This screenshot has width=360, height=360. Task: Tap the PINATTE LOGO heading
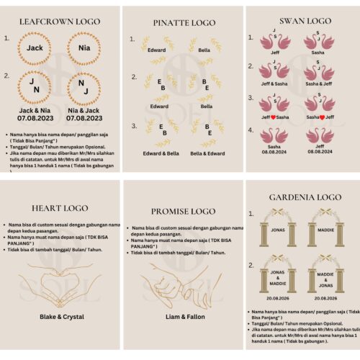(x=179, y=22)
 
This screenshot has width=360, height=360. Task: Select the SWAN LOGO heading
(x=301, y=21)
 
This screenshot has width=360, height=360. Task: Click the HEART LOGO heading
(x=60, y=208)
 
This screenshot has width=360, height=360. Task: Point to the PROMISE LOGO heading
(x=179, y=211)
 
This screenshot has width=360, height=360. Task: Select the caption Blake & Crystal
(x=62, y=316)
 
